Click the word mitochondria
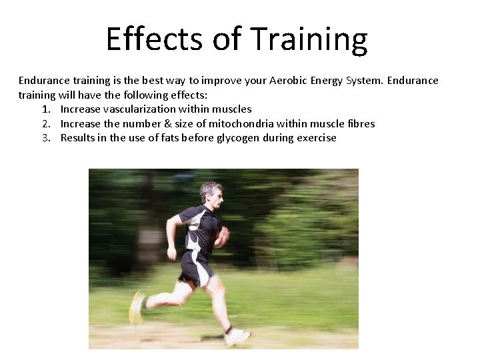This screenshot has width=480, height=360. pos(237,123)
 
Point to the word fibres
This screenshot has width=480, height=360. pos(361,123)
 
